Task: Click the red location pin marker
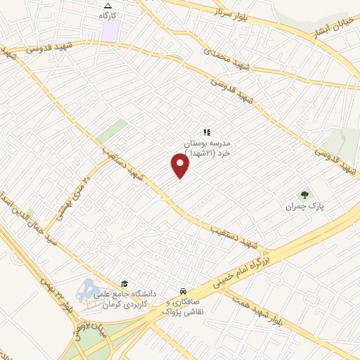181,165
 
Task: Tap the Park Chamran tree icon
304,195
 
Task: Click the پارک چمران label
303,207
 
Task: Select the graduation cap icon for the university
124,283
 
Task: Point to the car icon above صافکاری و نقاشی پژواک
182,290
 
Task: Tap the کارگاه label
107,15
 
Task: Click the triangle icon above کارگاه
107,5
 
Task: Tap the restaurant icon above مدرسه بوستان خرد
207,131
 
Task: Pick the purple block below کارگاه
110,30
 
